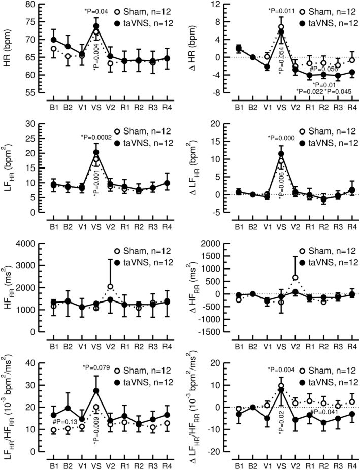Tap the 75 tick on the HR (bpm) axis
[29, 22]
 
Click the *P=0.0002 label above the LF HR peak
[96, 137]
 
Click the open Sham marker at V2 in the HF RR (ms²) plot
[110, 287]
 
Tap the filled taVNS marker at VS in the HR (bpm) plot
[96, 26]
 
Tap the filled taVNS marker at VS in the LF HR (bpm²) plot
[96, 152]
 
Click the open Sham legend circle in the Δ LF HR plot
[302, 131]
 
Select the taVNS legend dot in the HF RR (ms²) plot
[117, 262]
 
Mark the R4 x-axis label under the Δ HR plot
[352, 108]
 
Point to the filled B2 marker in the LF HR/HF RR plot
[68, 408]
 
